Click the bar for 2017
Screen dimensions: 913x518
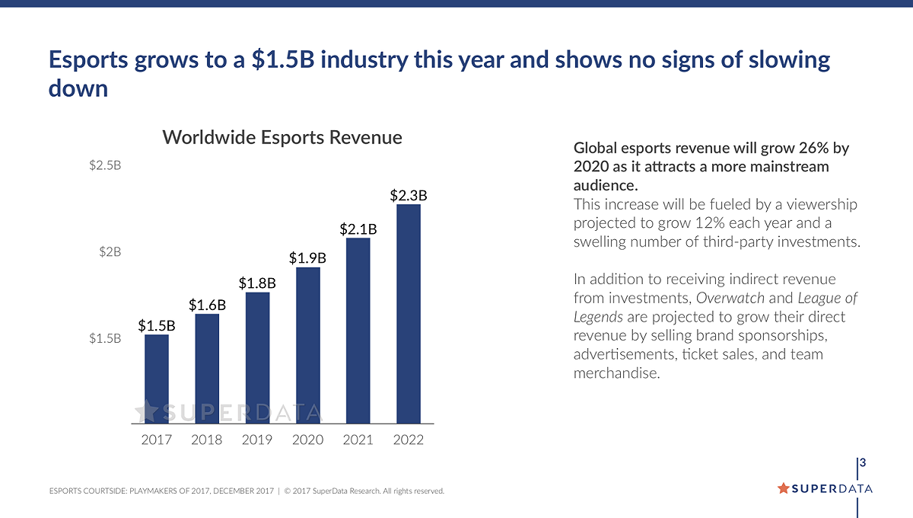157,379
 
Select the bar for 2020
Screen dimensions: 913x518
308,345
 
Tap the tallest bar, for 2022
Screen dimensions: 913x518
409,314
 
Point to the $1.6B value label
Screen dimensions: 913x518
207,305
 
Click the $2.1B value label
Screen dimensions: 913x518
358,229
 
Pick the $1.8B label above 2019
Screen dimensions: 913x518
257,283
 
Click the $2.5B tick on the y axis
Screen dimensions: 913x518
105,165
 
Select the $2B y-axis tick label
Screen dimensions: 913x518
110,252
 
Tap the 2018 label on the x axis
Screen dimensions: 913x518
207,440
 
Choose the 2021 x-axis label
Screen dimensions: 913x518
358,440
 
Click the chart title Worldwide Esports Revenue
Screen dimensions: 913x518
282,137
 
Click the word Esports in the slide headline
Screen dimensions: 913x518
88,60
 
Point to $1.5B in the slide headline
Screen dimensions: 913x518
283,59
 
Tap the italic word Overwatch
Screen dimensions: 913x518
730,298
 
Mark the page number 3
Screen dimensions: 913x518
863,463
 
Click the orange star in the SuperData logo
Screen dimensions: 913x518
784,488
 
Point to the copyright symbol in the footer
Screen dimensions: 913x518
287,491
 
